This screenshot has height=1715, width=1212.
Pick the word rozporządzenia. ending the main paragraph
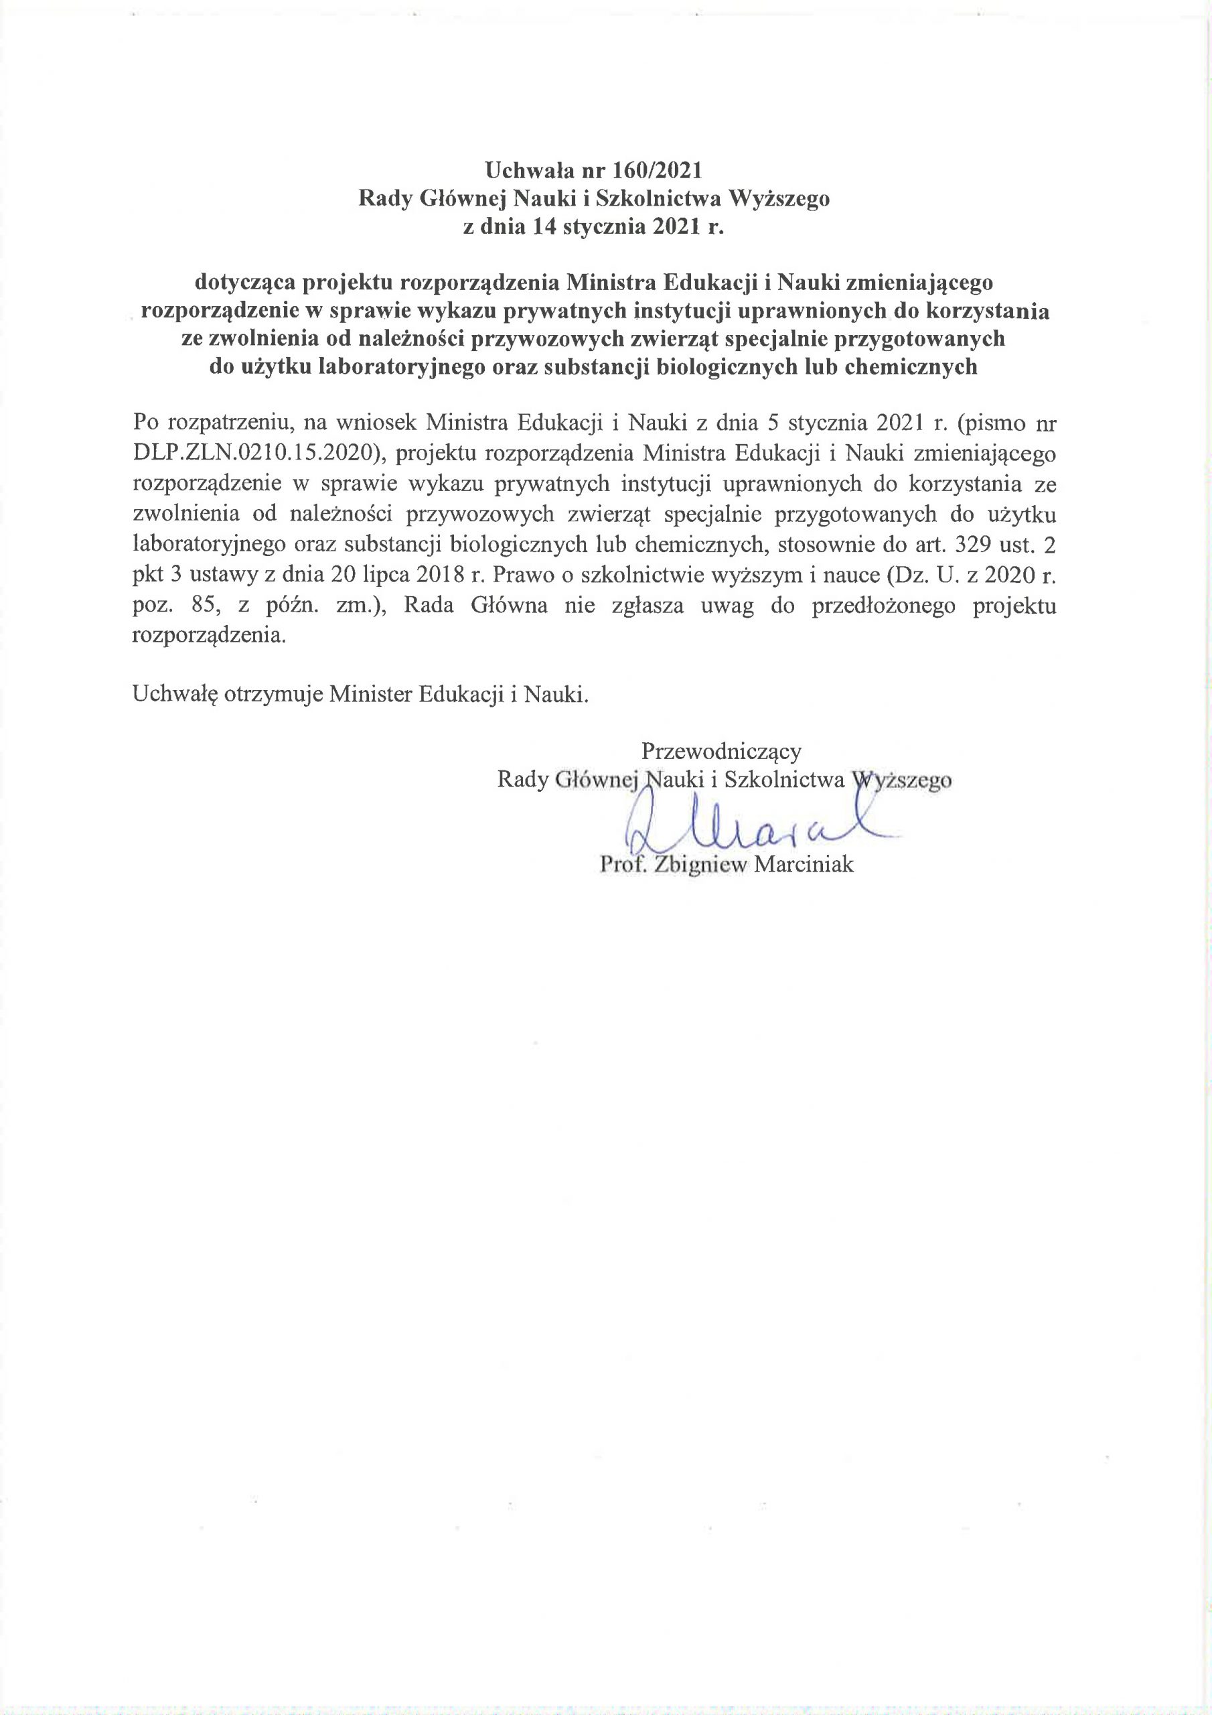(x=209, y=636)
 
